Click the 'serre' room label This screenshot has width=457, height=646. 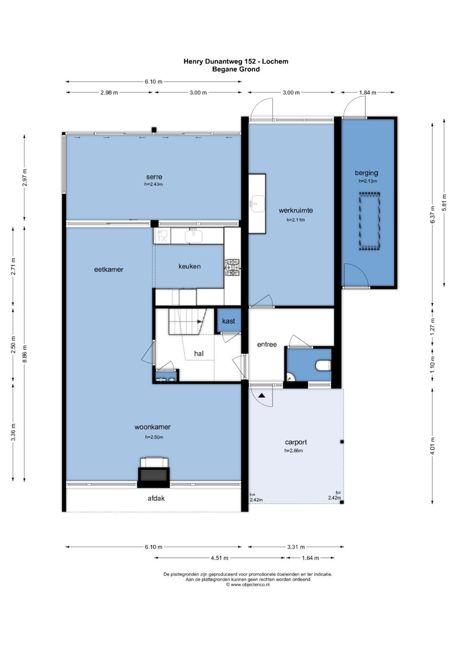pyautogui.click(x=154, y=177)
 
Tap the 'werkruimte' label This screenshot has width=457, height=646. pyautogui.click(x=296, y=210)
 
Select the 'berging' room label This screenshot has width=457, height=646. pyautogui.click(x=366, y=173)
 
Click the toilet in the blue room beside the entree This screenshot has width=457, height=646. pyautogui.click(x=323, y=366)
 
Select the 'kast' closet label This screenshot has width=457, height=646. pyautogui.click(x=228, y=321)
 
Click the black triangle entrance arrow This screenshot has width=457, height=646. pyautogui.click(x=262, y=396)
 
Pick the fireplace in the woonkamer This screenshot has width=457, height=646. pyautogui.click(x=154, y=472)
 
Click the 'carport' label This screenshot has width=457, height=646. pyautogui.click(x=296, y=442)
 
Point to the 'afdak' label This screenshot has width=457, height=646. pyautogui.click(x=156, y=498)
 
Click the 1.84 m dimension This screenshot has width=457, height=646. pyautogui.click(x=368, y=93)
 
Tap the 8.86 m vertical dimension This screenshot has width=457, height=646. pyautogui.click(x=25, y=354)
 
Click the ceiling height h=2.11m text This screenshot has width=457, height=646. pyautogui.click(x=296, y=220)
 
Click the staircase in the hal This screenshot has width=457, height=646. pyautogui.click(x=187, y=321)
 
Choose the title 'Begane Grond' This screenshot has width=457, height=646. pyautogui.click(x=236, y=69)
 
